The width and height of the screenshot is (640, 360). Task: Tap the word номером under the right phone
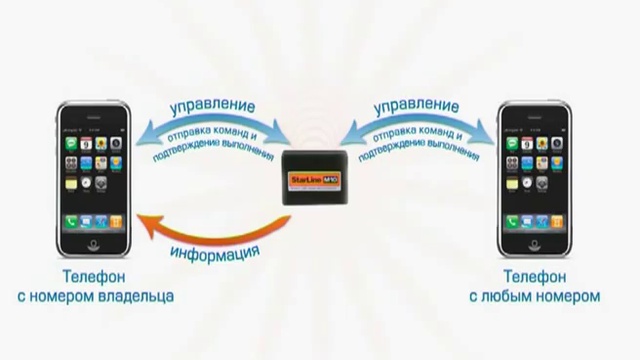click(x=569, y=296)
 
